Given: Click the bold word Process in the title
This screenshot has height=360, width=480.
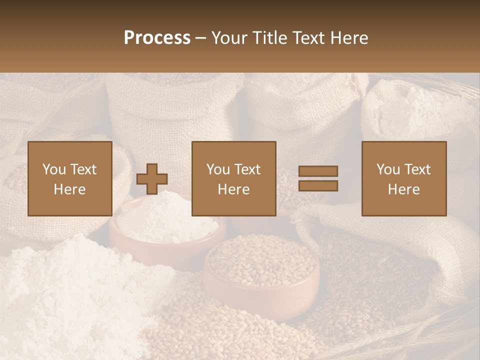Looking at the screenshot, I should pos(157,38).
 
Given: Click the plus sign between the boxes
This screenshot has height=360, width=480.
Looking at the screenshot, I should pos(152,178).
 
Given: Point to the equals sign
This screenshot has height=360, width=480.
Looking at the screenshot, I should pos(318,178).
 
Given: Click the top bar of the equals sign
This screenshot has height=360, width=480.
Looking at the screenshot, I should pos(318,171).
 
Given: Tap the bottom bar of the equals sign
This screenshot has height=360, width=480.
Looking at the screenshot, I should pos(318,186).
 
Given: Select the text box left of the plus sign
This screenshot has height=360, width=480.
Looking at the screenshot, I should pos(70,178).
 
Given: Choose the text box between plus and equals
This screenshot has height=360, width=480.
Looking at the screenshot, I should pos(234,178).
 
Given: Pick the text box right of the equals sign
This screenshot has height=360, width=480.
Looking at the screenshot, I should pos(404,178).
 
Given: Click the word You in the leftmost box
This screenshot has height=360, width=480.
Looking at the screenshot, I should pos(53,169).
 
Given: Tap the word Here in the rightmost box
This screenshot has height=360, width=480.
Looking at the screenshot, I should pos(404,189).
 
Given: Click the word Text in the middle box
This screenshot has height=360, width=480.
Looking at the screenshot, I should pos(247,169).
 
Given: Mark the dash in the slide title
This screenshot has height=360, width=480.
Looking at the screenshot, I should pos(201,38).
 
